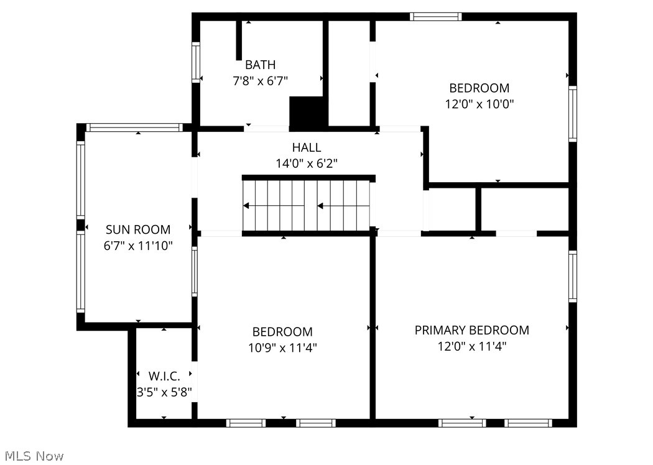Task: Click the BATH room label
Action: pyautogui.click(x=260, y=65)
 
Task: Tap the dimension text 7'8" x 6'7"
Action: pyautogui.click(x=260, y=80)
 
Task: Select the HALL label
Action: pyautogui.click(x=307, y=147)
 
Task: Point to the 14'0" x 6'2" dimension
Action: pyautogui.click(x=307, y=163)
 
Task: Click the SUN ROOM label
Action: pyautogui.click(x=137, y=229)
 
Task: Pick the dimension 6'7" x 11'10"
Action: pyautogui.click(x=137, y=246)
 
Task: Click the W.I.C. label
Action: pyautogui.click(x=164, y=376)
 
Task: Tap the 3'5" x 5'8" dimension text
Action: pyautogui.click(x=164, y=392)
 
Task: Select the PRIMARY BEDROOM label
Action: pyautogui.click(x=471, y=330)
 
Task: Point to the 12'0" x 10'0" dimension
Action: pyautogui.click(x=479, y=104)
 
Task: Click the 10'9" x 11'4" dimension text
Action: pyautogui.click(x=282, y=348)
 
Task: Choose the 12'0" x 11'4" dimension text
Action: pyautogui.click(x=471, y=346)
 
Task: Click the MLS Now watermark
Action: pyautogui.click(x=32, y=456)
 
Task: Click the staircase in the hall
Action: pyautogui.click(x=308, y=205)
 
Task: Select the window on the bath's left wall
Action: pyautogui.click(x=195, y=62)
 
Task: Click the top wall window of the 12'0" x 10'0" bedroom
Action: pyautogui.click(x=435, y=17)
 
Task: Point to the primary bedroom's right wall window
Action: pyautogui.click(x=572, y=276)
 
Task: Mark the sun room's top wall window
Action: pyautogui.click(x=134, y=127)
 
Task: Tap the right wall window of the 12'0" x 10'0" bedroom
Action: pyautogui.click(x=572, y=114)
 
